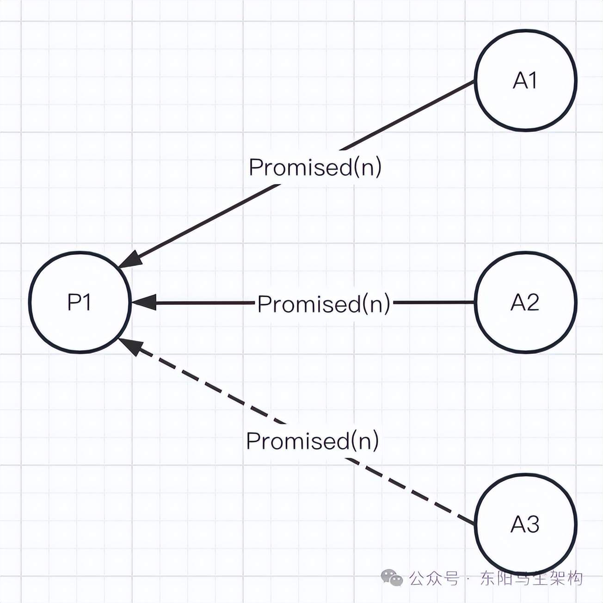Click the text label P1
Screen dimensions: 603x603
click(80, 302)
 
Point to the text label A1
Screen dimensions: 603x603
click(525, 81)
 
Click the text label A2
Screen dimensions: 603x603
click(525, 303)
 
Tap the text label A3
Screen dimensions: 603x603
click(525, 524)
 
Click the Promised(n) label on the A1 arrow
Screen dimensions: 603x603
click(315, 167)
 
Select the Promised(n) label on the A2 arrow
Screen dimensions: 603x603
click(324, 304)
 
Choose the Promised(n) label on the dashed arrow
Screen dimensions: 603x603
click(313, 441)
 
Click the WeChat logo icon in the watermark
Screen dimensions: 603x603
click(392, 578)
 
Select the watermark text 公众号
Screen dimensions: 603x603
click(434, 578)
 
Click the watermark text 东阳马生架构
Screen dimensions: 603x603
click(531, 578)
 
